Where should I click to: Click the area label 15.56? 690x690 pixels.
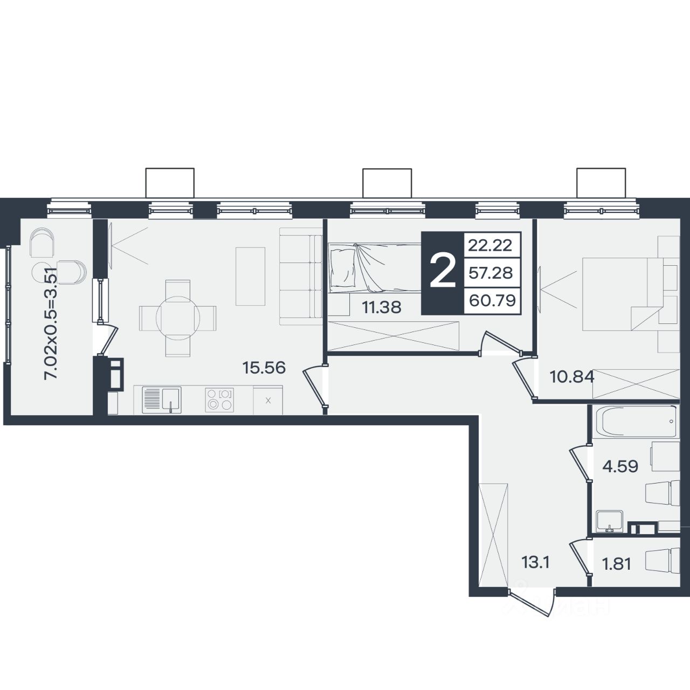(264, 368)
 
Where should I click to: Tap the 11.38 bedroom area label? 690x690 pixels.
(382, 307)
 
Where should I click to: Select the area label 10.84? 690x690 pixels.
(572, 377)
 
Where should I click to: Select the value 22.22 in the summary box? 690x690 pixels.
(490, 246)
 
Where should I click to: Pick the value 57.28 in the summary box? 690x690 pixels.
(491, 273)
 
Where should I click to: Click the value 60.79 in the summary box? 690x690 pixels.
(492, 300)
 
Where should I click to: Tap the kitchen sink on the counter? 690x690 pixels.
(162, 400)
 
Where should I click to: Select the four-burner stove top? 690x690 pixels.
(219, 399)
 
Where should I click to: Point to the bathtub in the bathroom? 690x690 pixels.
(636, 422)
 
